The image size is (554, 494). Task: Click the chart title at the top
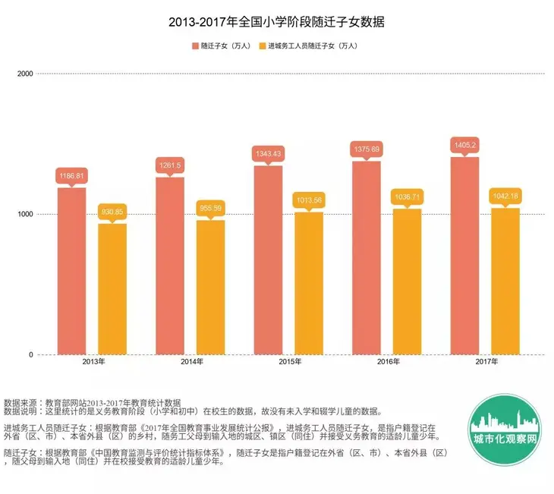(276, 22)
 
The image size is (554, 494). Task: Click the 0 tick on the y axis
(30, 355)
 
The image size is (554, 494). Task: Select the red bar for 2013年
(72, 271)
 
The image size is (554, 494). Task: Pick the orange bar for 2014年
(210, 287)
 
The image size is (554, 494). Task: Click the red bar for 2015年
(268, 260)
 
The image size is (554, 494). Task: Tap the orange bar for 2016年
(407, 282)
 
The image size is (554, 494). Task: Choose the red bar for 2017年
(464, 256)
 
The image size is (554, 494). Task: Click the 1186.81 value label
(72, 175)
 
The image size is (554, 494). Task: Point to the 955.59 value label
(210, 208)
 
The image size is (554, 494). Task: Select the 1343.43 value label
(268, 154)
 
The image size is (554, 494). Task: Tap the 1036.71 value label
(407, 197)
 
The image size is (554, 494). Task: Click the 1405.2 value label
(464, 145)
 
